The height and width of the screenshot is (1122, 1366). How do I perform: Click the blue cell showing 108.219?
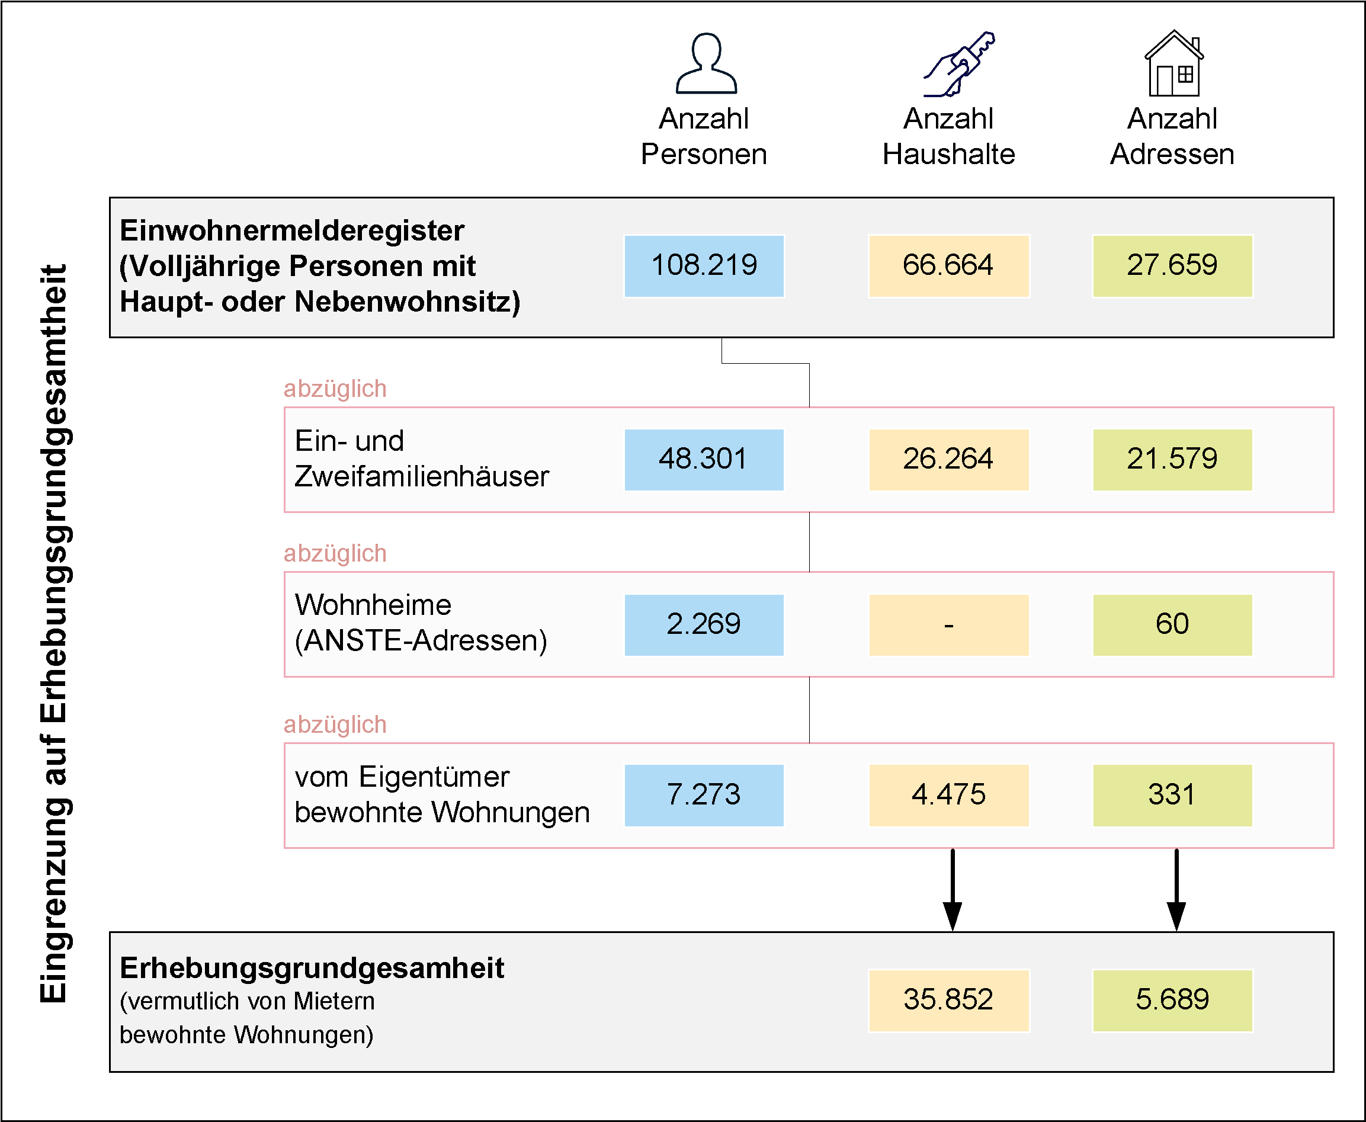704,265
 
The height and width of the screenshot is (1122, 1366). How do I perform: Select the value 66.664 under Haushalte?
948,265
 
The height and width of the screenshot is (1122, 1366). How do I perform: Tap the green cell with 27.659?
1172,265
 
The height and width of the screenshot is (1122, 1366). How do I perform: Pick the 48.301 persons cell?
704,460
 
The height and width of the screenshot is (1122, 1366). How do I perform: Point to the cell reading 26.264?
948,460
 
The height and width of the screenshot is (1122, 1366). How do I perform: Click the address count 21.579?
1172,460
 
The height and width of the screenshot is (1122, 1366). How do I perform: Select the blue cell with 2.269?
704,625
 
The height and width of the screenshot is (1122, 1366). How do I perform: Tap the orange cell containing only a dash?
948,625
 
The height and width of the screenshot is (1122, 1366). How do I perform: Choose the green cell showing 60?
1172,625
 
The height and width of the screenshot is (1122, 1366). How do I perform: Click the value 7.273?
704,796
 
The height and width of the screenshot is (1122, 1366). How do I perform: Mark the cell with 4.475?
948,796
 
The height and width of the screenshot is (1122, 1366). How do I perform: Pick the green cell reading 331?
1172,796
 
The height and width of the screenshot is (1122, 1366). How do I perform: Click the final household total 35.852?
948,1001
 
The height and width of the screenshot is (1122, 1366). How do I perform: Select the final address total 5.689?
1172,1001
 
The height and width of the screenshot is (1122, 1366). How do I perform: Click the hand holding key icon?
959,64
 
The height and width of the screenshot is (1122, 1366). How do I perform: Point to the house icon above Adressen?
1174,63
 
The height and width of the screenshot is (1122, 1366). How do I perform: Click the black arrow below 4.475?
953,889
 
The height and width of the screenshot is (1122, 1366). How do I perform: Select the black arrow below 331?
1176,889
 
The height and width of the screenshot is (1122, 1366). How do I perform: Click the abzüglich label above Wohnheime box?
335,554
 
